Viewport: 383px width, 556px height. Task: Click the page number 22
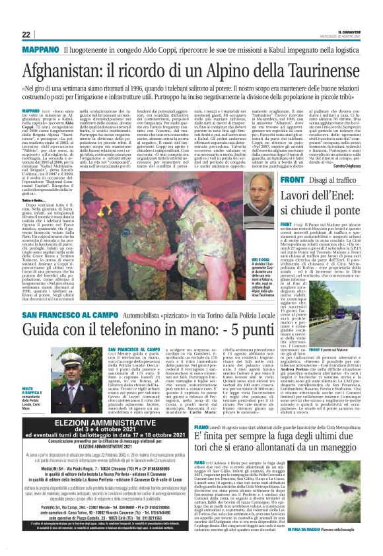tap(26, 34)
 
